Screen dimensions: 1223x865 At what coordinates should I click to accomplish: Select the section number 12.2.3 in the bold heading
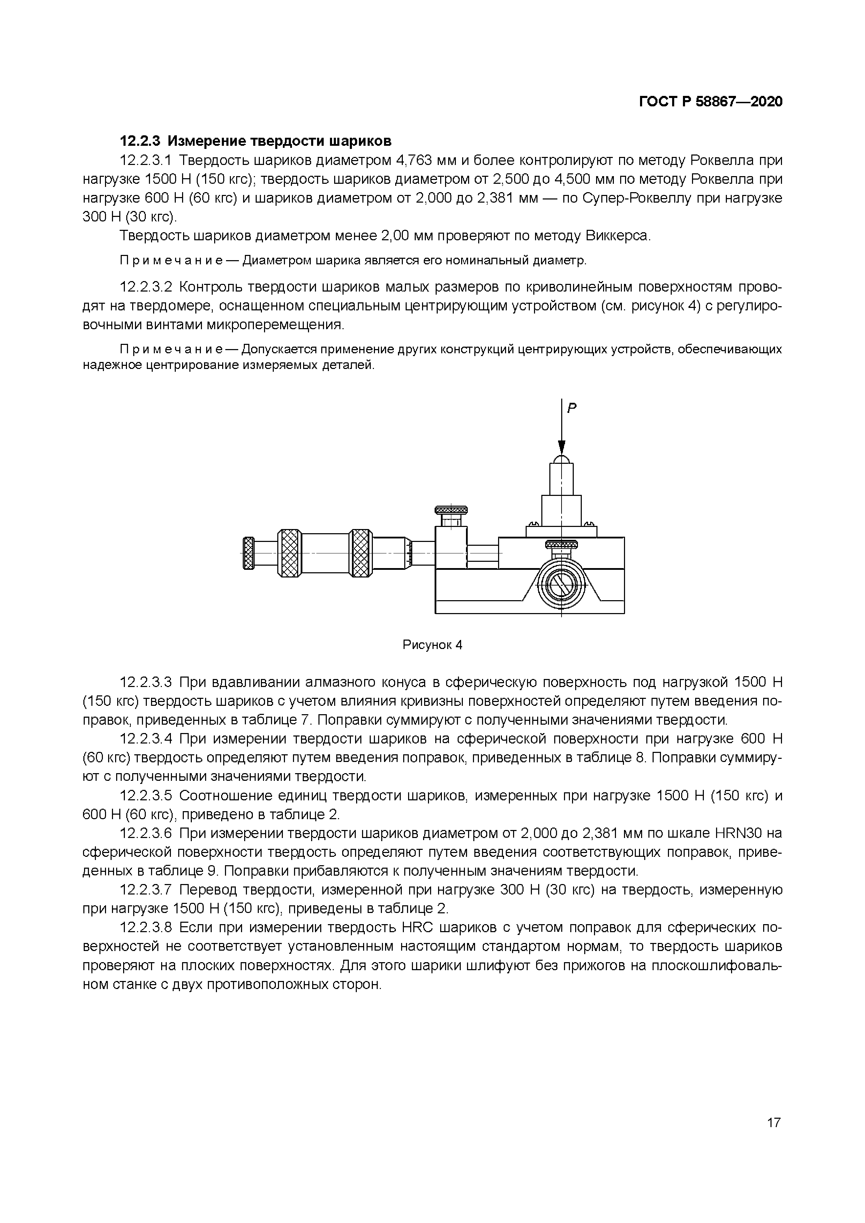click(x=140, y=141)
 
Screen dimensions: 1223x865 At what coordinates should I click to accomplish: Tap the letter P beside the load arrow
click(x=572, y=409)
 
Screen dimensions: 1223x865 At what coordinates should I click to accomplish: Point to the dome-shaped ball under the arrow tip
click(x=562, y=459)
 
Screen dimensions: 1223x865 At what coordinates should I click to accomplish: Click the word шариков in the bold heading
click(x=360, y=141)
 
